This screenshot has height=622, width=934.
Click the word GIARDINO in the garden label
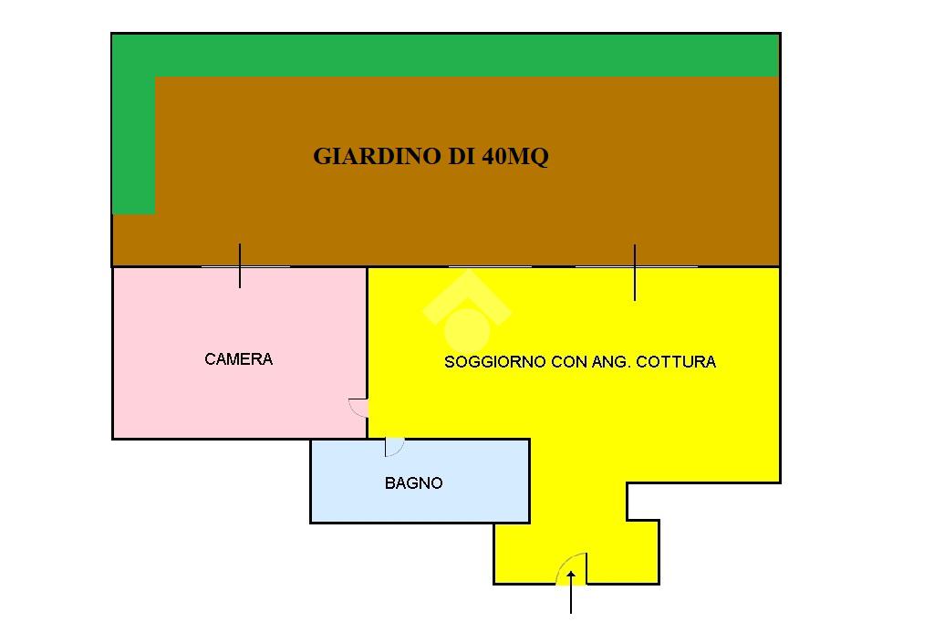point(377,156)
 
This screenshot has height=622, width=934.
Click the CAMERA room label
point(238,359)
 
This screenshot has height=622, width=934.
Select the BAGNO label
point(413,483)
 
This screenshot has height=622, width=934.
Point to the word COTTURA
point(676,362)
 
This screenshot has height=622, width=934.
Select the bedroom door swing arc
point(358,408)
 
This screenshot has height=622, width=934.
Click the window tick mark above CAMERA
point(240,265)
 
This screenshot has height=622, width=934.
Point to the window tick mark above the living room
point(635,272)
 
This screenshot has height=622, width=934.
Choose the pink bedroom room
point(182,392)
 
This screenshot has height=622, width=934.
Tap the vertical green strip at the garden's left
point(133,146)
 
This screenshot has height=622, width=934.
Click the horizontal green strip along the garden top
point(456,55)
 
